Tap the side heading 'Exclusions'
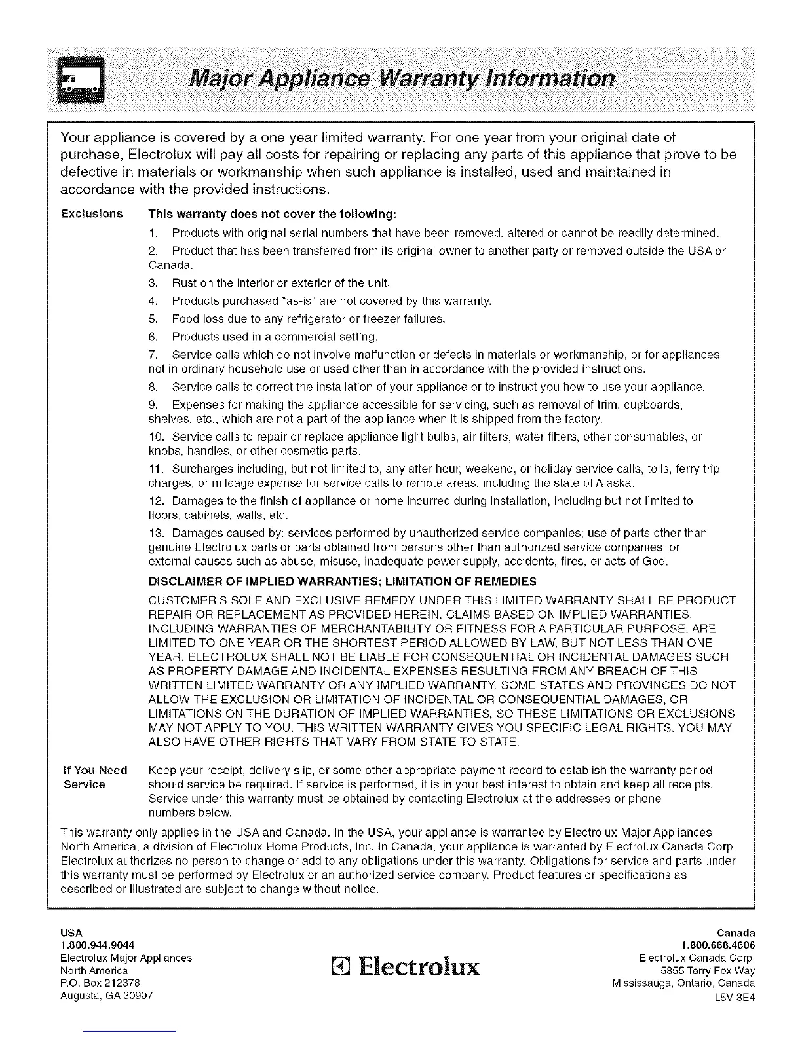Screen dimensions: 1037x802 pyautogui.click(x=92, y=214)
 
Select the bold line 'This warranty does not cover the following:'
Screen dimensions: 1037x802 pyautogui.click(x=273, y=214)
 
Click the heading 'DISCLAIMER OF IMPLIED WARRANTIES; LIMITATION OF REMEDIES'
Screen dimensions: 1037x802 pyautogui.click(x=343, y=581)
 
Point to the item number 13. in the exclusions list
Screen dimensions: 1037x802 pyautogui.click(x=157, y=533)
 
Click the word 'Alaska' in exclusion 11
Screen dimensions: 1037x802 pyautogui.click(x=617, y=484)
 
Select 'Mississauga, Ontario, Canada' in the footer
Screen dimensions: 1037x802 pyautogui.click(x=683, y=983)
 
